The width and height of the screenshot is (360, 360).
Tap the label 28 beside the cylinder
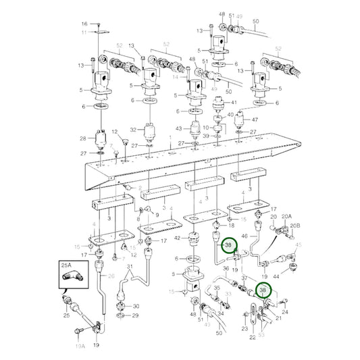click(83, 138)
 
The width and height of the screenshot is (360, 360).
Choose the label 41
click(234, 103)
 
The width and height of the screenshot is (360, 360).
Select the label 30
click(136, 305)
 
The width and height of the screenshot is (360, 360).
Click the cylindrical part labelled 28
click(103, 140)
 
